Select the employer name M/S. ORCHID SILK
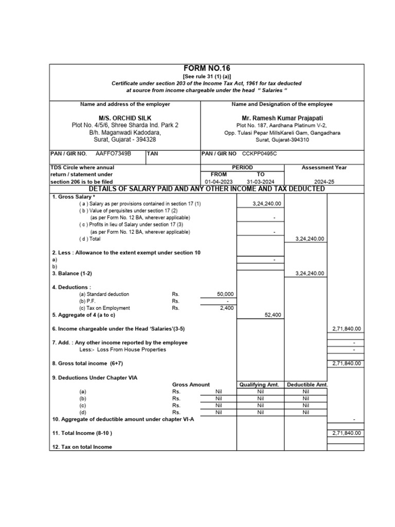coord(125,117)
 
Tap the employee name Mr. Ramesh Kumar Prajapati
coord(282,117)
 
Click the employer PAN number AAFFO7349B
coord(114,153)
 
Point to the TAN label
coord(153,153)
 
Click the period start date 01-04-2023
coord(219,182)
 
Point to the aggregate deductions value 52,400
coord(273,315)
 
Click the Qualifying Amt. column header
coord(259,384)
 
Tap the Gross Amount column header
coord(191,384)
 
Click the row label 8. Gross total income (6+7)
coord(87,363)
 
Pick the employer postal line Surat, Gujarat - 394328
coord(125,139)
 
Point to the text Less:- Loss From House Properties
coord(119,349)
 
